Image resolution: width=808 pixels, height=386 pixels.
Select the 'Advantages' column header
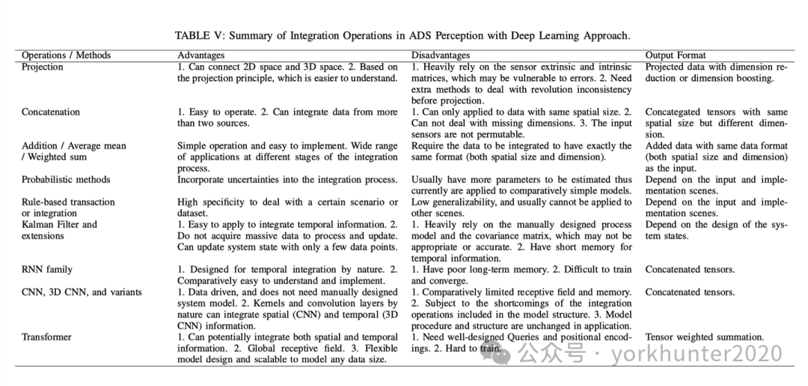tap(201, 55)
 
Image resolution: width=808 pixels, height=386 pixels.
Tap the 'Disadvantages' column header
tap(441, 55)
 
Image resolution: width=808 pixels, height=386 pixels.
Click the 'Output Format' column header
tap(676, 55)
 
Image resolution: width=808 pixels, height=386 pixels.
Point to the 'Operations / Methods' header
tap(66, 55)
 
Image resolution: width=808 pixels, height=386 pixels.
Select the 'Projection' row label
tap(43, 67)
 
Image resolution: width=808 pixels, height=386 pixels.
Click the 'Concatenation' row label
tap(51, 112)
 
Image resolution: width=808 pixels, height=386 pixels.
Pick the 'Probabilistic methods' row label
tap(66, 179)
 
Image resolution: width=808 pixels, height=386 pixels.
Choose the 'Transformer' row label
tap(46, 337)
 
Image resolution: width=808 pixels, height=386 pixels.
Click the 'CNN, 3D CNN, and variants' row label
tap(82, 292)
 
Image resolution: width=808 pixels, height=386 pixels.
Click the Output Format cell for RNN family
tap(690, 269)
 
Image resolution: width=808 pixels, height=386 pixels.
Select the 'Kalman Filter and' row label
tap(60, 224)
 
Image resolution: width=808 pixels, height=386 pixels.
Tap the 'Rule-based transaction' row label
tap(68, 202)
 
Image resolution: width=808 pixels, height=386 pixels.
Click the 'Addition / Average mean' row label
tap(74, 145)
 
